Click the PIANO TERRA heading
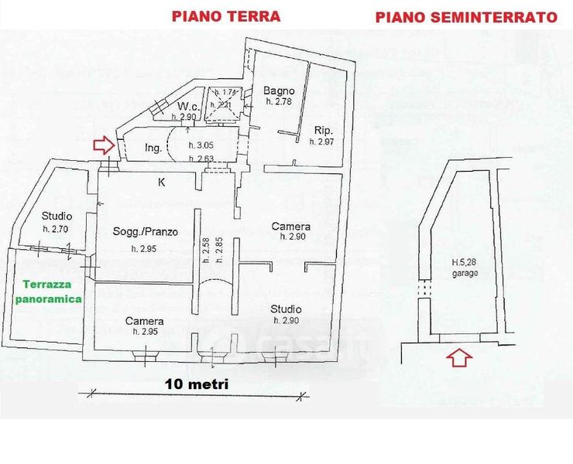[226, 15]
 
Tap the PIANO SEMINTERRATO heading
[466, 17]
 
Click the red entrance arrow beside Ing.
[101, 145]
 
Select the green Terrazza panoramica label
[48, 291]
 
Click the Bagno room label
[279, 90]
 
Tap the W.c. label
[190, 106]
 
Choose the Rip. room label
[324, 130]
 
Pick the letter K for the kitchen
[161, 183]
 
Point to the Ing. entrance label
[153, 148]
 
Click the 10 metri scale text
[197, 383]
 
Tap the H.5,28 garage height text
[465, 262]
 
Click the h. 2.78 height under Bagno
[279, 102]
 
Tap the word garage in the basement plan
[466, 273]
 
